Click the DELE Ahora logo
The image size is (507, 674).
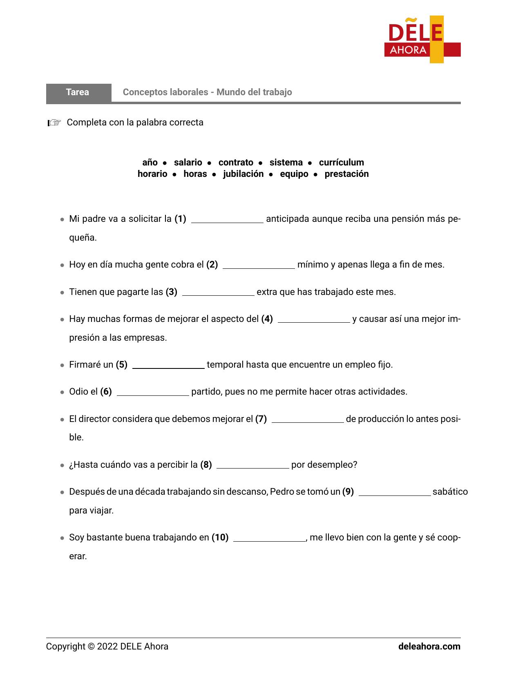tap(422, 40)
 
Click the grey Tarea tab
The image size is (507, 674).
tap(78, 92)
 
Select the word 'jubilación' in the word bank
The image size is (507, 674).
tap(243, 174)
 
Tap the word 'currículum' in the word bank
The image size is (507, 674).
tap(341, 163)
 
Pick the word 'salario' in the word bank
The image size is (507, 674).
tap(188, 163)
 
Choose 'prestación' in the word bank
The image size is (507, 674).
tap(346, 174)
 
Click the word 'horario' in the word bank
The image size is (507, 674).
tap(152, 174)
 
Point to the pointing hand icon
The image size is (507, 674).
tap(54, 123)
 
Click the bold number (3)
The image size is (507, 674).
tap(171, 292)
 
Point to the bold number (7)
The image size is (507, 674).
tap(261, 419)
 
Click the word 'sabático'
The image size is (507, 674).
tap(450, 492)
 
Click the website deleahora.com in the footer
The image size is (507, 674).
tap(429, 647)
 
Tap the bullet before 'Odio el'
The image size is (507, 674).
tap(62, 392)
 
